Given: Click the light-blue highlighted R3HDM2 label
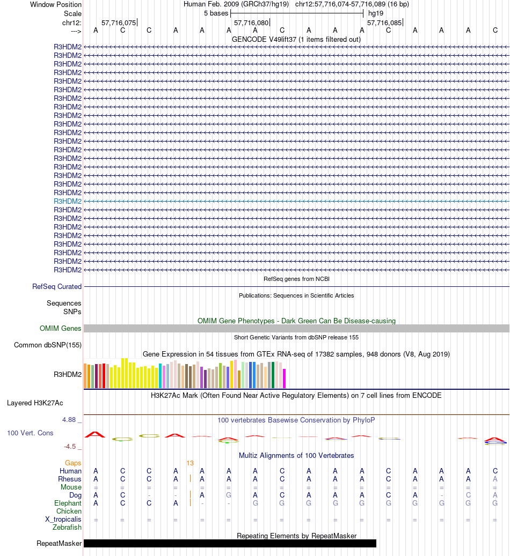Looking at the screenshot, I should (68, 201).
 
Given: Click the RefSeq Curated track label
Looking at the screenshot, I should (57, 287).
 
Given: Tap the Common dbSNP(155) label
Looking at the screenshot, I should (48, 345).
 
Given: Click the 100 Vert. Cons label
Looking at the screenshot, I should (30, 433).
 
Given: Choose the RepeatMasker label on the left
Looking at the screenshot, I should (59, 544).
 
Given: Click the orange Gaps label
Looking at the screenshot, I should (73, 463).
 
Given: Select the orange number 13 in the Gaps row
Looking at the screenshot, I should (190, 463).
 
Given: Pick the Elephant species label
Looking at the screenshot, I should (68, 503).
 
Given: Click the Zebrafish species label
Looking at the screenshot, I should (67, 528).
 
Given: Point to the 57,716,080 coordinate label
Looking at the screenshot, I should (251, 23).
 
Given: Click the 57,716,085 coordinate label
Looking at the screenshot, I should (384, 23).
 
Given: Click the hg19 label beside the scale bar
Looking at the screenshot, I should (375, 13).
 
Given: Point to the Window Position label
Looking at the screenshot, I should (56, 4).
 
